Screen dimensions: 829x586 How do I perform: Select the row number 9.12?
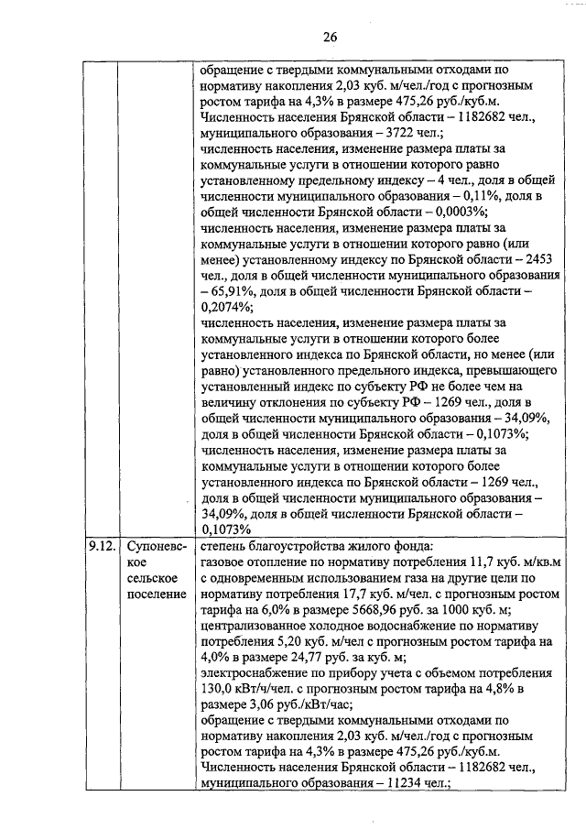click(102, 547)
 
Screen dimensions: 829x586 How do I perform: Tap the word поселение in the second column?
click(157, 594)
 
